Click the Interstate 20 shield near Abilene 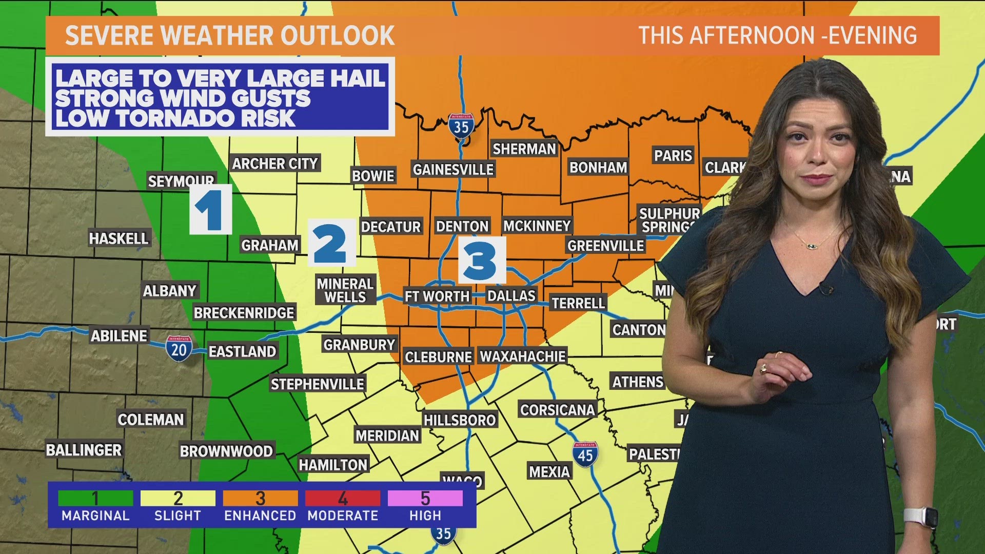point(179,349)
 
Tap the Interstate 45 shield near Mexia point(585,454)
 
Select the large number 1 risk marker point(210,209)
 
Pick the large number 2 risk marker point(331,243)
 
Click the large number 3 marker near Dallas point(481,260)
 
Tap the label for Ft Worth point(437,296)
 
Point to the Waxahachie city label point(522,356)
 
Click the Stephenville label point(318,384)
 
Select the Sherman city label point(524,149)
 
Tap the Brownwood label point(226,451)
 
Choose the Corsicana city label point(557,410)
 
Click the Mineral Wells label point(345,290)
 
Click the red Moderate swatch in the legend point(342,498)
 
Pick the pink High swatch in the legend point(425,498)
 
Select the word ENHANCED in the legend point(260,516)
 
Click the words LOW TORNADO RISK point(175,118)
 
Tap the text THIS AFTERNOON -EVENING point(777,35)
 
